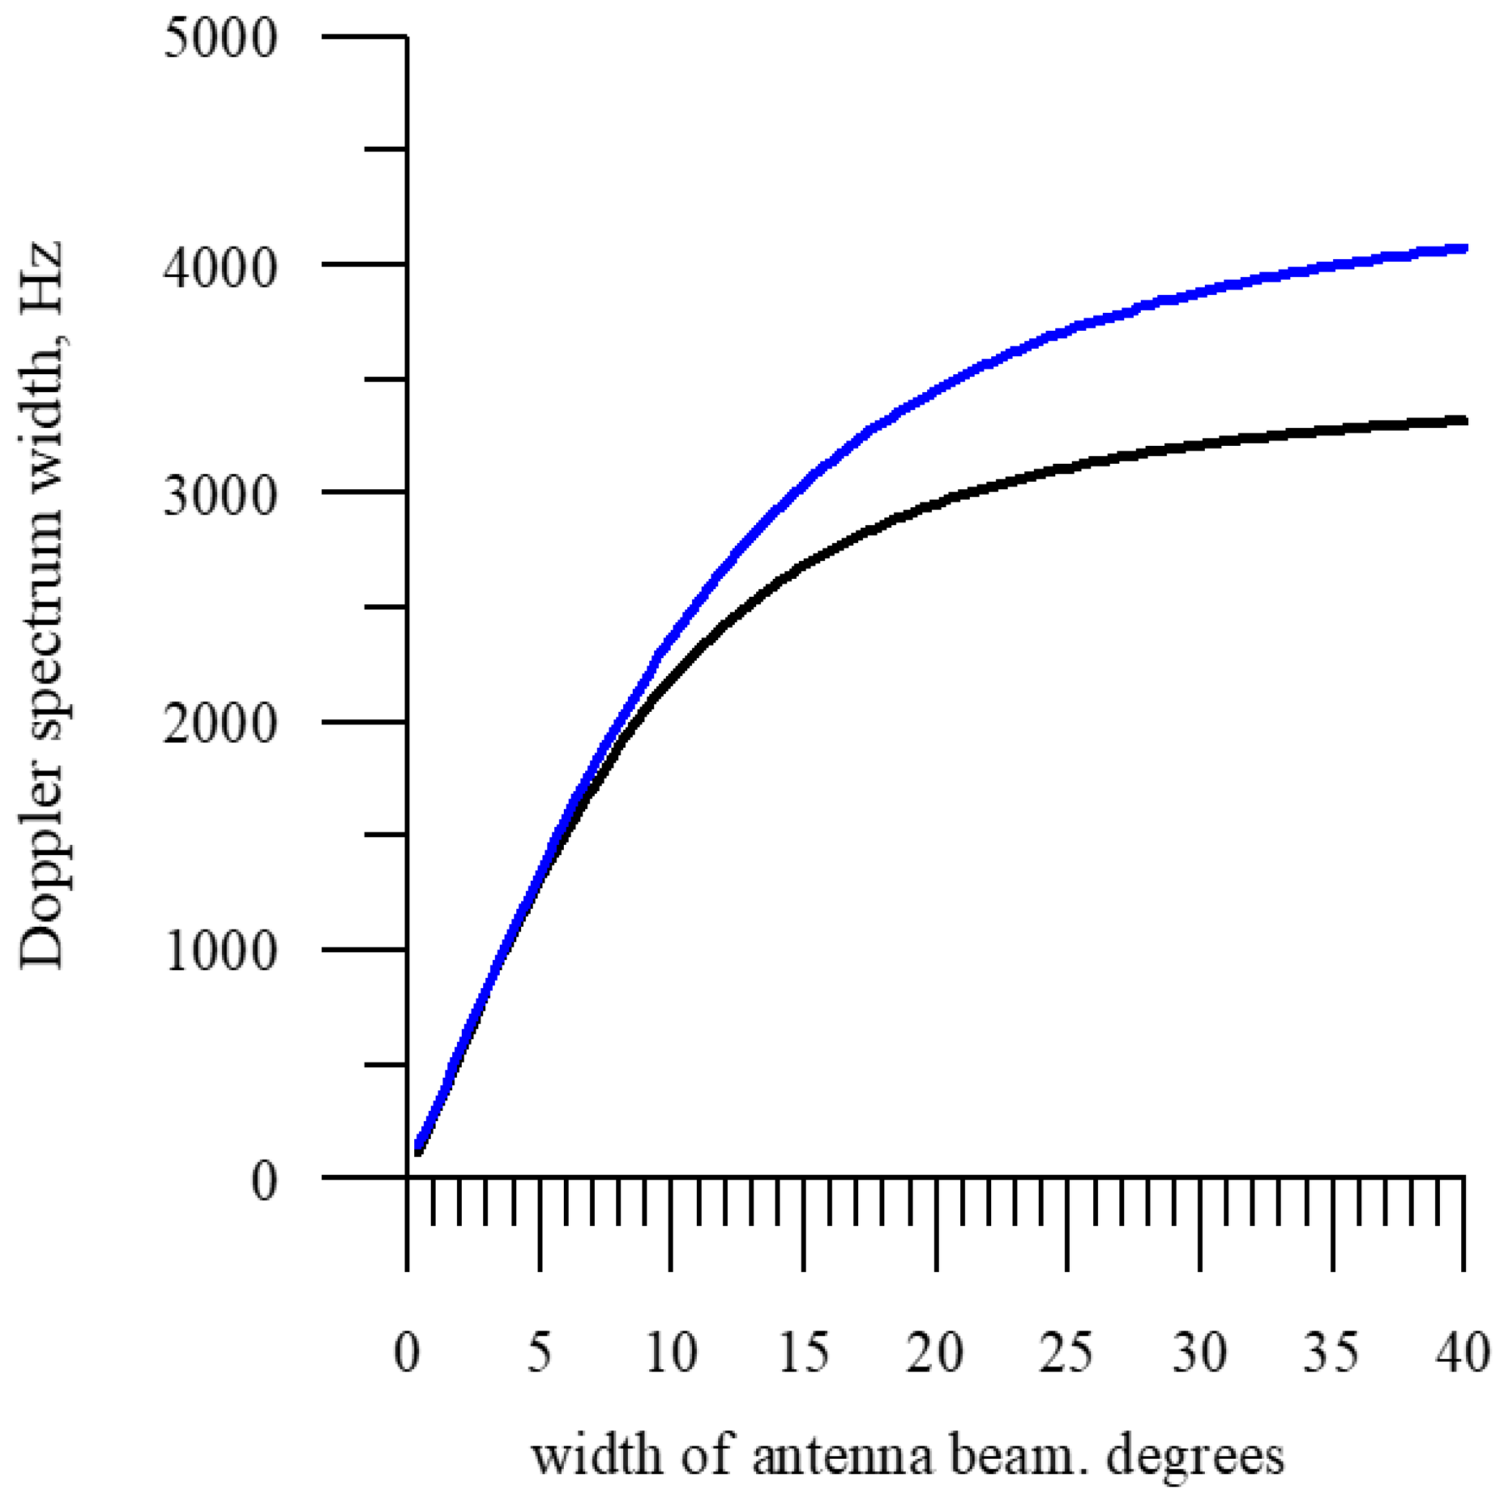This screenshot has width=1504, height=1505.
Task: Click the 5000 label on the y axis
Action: coord(221,37)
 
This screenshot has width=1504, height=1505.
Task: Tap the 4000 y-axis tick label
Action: coord(221,268)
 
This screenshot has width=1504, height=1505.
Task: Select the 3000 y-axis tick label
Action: coord(221,495)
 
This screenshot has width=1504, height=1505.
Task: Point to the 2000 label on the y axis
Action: coord(221,724)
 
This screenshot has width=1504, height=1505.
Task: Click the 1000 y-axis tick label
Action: coord(221,952)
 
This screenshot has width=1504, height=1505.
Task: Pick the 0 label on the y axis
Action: coord(264,1181)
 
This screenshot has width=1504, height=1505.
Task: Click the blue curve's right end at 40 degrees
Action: coord(1463,249)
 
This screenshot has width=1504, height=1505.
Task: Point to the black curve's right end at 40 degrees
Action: coord(1463,420)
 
